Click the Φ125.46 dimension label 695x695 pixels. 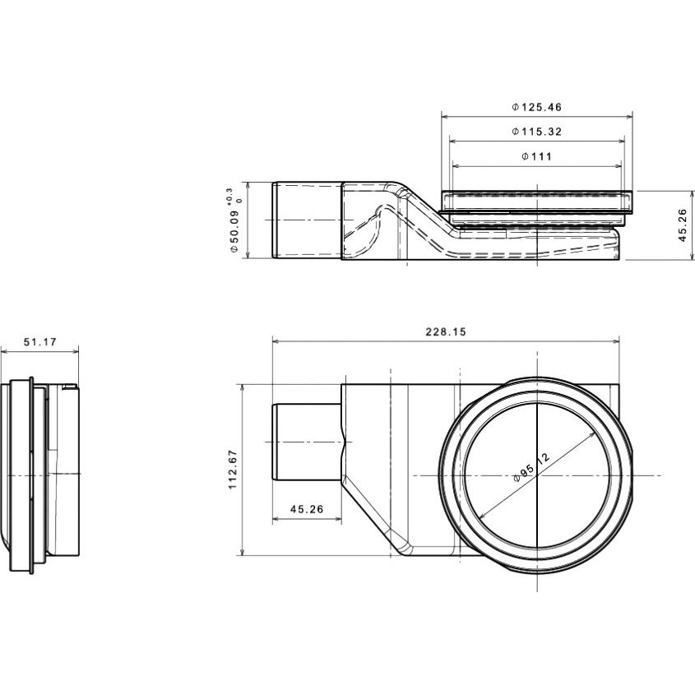point(537,107)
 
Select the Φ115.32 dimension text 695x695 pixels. point(537,132)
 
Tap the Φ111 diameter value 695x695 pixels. point(537,156)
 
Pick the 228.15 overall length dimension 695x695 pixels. point(446,331)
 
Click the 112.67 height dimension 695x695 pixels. point(233,470)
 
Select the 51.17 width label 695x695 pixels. point(40,341)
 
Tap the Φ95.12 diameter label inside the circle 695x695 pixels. point(531,466)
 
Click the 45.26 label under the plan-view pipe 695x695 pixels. point(307,509)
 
